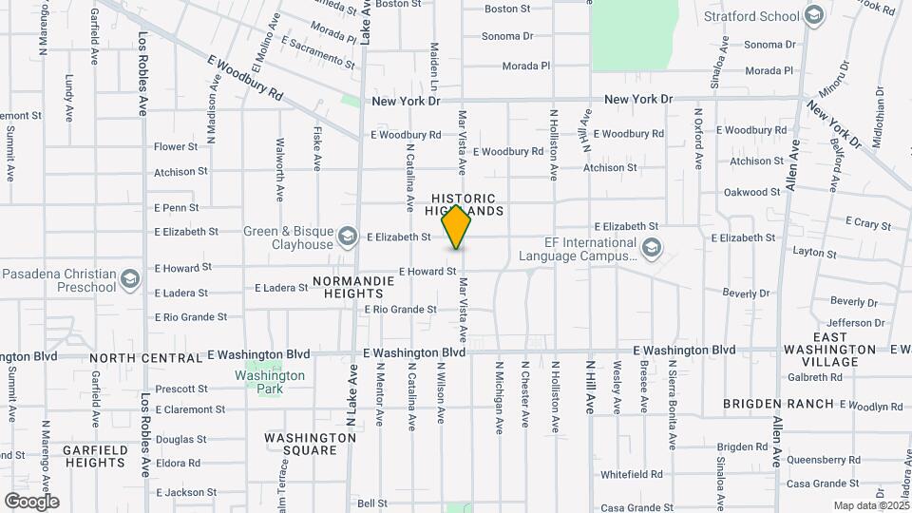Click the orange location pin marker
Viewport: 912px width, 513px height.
tap(457, 227)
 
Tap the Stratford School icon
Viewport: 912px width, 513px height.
tap(813, 15)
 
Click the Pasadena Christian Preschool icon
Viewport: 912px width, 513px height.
tap(130, 279)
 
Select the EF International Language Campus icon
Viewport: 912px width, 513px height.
tap(651, 249)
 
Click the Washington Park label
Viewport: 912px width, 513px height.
tap(270, 375)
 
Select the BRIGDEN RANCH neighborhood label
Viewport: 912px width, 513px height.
tap(766, 404)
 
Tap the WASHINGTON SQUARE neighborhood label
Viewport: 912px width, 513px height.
tap(310, 445)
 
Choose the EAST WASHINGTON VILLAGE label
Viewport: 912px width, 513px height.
tap(829, 350)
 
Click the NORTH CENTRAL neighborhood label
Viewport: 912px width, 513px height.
tap(146, 358)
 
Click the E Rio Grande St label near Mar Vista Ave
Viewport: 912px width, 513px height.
tap(400, 310)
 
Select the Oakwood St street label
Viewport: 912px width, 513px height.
tap(751, 192)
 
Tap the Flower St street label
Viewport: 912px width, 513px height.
tap(176, 147)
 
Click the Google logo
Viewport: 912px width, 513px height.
tap(31, 501)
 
